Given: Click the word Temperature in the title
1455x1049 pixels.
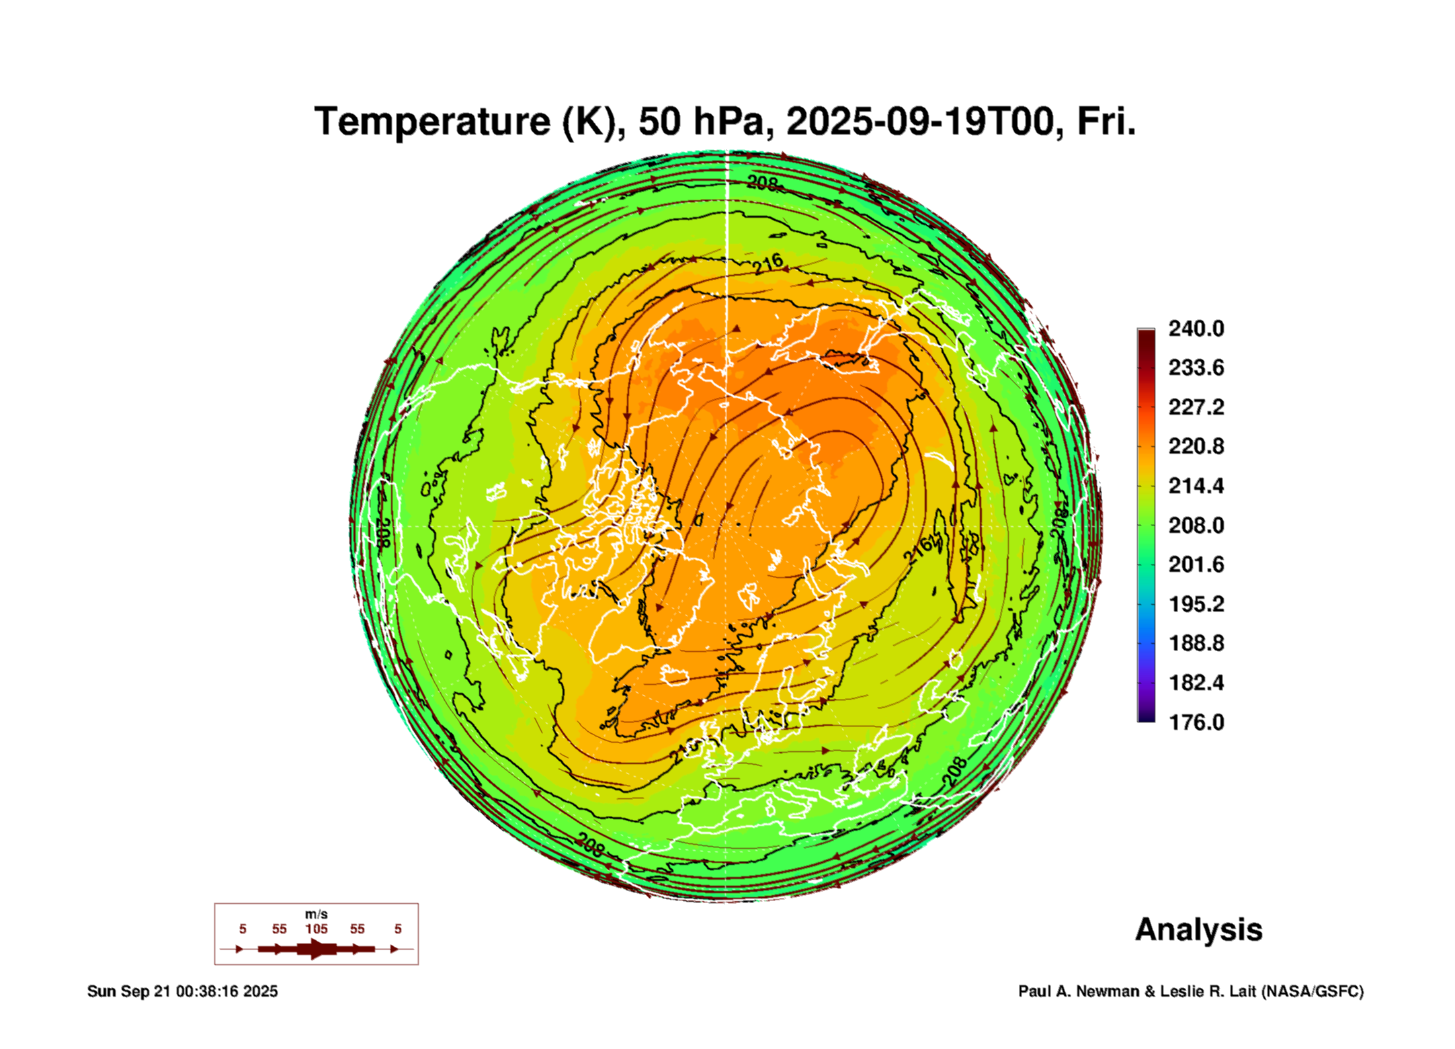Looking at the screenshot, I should [432, 122].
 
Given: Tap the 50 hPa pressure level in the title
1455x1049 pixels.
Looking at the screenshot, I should [700, 122].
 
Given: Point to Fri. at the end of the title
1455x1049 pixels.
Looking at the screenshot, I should [1106, 122].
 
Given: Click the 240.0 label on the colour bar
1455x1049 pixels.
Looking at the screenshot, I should [1196, 329].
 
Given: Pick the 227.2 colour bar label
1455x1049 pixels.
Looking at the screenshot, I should [1196, 407].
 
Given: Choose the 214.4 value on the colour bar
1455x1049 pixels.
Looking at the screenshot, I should [1196, 486].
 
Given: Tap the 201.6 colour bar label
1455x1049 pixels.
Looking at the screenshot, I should [1196, 564].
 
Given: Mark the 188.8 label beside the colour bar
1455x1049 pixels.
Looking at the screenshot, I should [1196, 643].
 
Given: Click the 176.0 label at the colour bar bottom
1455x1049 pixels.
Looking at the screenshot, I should [1196, 722].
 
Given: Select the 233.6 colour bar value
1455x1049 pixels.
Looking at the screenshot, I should [1196, 368].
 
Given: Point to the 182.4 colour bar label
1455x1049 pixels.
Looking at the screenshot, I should [1196, 683].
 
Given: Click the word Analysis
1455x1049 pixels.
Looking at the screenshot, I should [1198, 930].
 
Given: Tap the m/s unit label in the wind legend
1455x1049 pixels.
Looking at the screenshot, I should [316, 915].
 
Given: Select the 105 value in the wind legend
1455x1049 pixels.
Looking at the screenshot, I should [316, 929].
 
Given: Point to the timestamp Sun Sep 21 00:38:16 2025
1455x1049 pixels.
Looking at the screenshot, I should [182, 992].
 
